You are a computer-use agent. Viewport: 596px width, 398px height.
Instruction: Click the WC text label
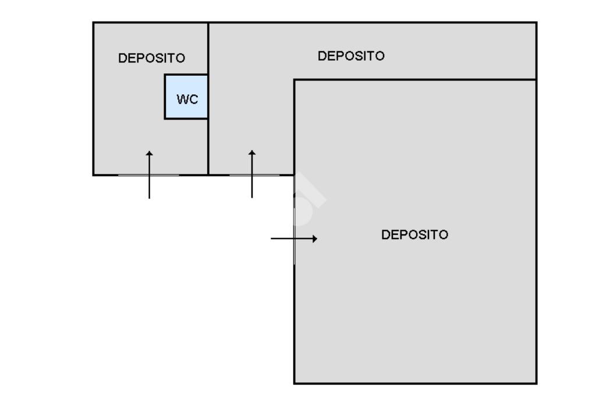(187, 99)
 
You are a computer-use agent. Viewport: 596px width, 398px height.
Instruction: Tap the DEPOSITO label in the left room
(151, 58)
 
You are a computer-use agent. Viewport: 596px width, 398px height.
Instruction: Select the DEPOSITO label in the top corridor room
(351, 56)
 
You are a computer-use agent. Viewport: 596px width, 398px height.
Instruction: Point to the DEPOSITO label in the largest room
(414, 235)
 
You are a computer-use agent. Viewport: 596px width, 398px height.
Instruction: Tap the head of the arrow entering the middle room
(252, 153)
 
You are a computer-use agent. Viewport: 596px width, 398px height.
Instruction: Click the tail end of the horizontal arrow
(272, 239)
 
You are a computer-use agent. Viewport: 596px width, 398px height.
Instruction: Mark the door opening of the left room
(148, 174)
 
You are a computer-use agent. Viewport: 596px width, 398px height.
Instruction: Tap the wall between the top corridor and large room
(414, 79)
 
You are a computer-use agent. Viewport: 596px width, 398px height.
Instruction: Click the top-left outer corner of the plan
(94, 23)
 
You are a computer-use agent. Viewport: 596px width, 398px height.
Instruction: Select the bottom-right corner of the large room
(536, 383)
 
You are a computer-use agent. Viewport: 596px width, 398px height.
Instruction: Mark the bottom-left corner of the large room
(295, 383)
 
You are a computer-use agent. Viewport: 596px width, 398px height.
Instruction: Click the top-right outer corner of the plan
(536, 23)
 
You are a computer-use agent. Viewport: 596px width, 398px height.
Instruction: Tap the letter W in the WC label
(181, 99)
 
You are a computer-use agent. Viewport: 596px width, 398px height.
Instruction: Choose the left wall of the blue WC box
(165, 97)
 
